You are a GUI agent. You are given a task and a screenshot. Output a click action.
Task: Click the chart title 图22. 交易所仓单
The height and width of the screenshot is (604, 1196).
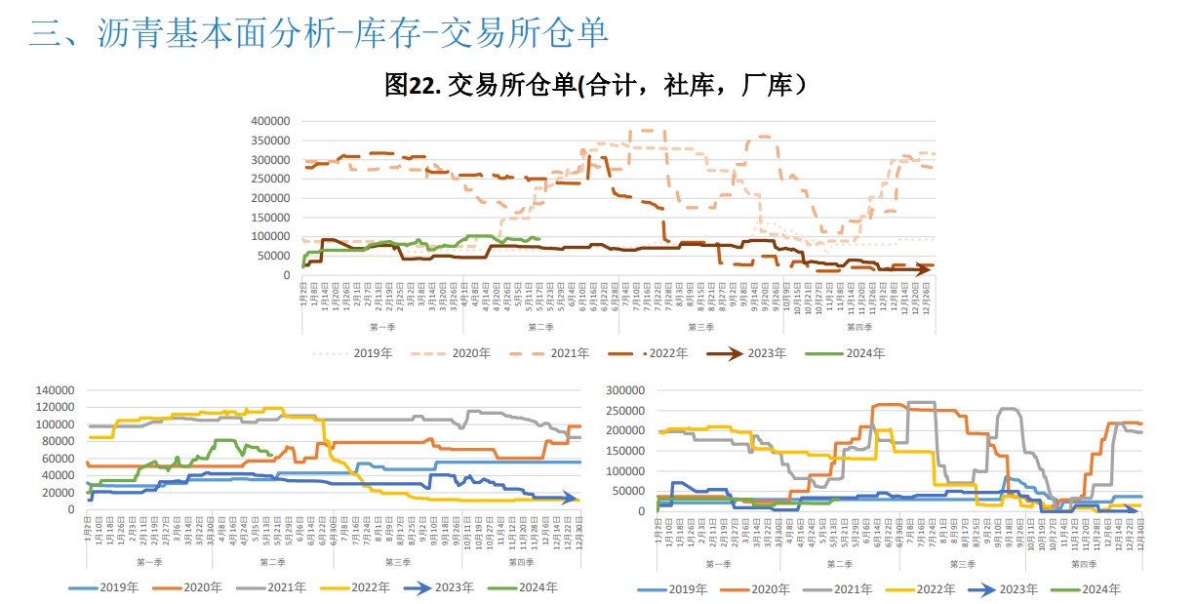[x=596, y=86]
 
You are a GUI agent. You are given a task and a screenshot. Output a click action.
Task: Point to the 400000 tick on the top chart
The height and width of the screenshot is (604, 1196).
[x=270, y=121]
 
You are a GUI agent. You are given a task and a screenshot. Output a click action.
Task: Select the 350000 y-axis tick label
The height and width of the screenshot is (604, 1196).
[x=270, y=141]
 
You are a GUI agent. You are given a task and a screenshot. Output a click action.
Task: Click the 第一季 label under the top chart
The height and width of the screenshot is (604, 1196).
[x=382, y=327]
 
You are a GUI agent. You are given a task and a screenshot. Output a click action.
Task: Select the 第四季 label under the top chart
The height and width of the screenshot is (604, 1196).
[x=858, y=327]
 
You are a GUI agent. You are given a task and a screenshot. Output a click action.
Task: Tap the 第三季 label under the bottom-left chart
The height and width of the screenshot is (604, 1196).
[x=398, y=562]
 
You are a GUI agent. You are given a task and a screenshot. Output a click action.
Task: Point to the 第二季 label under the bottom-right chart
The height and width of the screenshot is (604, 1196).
[x=840, y=564]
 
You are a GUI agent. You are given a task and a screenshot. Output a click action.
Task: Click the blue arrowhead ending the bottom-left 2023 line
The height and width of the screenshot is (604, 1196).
[x=576, y=499]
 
